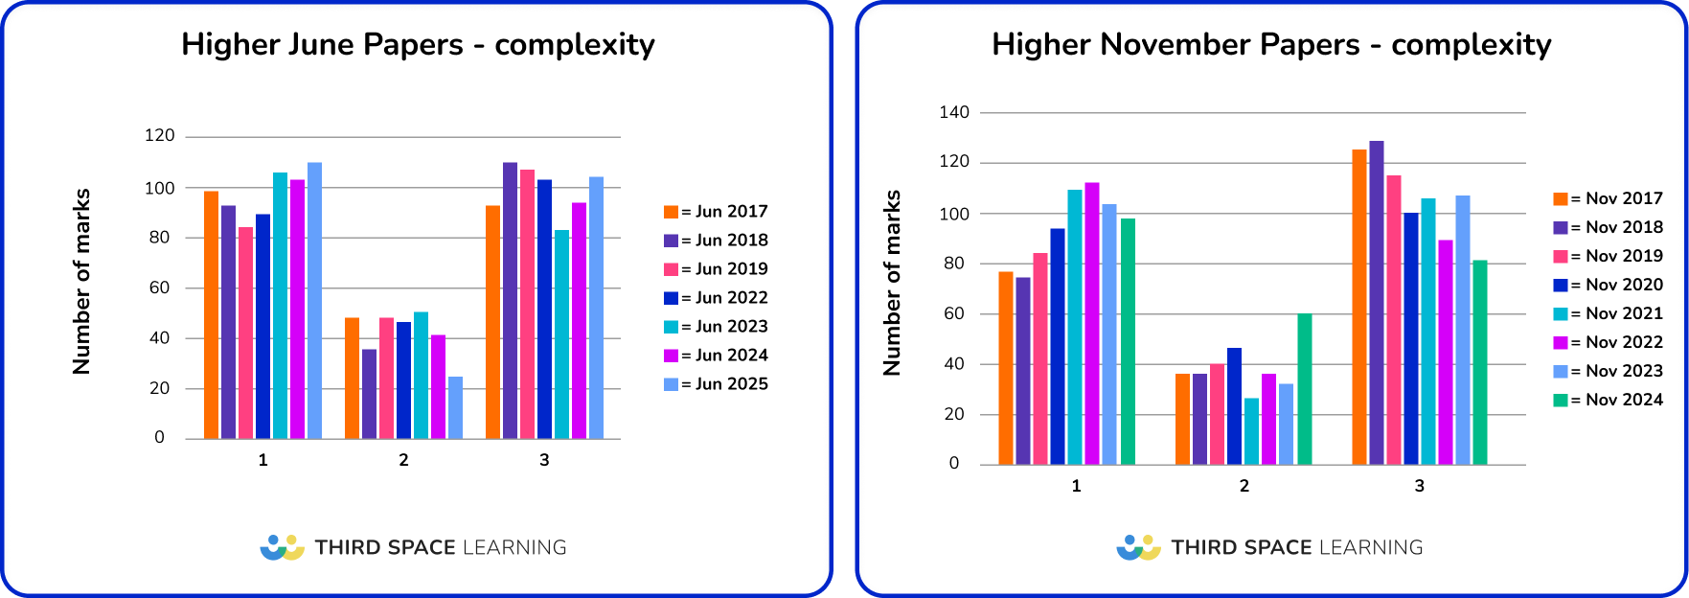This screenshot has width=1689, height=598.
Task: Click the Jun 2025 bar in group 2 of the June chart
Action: click(455, 408)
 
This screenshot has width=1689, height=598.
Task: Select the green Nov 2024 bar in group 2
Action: click(1305, 390)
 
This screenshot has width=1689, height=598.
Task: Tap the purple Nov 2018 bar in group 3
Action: click(1377, 303)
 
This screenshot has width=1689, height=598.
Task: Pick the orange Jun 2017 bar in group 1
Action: click(212, 315)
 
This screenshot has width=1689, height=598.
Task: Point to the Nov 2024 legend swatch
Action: click(1561, 400)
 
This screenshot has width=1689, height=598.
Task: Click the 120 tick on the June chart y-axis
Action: click(160, 136)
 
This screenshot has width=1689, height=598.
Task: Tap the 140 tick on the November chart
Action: click(954, 112)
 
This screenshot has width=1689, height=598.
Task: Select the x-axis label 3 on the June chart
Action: click(544, 460)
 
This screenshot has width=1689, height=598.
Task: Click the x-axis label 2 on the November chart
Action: click(1244, 486)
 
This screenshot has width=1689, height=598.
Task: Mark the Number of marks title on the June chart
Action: click(82, 281)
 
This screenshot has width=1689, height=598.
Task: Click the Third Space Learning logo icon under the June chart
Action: click(282, 547)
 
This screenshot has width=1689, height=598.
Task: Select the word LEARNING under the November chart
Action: click(1371, 547)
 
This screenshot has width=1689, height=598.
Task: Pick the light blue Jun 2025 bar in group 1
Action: click(314, 301)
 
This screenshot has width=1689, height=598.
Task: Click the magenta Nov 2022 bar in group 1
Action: click(1092, 324)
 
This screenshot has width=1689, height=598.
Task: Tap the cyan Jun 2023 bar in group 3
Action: click(561, 334)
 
